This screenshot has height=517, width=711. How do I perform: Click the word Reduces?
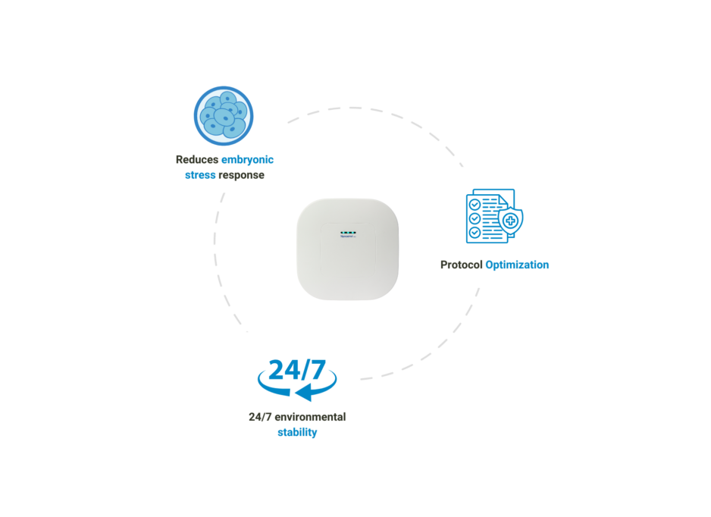[196, 160]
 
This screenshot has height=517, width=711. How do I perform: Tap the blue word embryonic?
[247, 160]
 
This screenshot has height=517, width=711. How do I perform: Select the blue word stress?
[200, 175]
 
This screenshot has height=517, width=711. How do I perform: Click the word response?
[242, 175]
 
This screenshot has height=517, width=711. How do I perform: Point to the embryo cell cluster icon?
[224, 117]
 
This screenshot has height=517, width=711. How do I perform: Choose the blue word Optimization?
[517, 265]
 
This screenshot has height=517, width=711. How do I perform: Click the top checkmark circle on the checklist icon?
[475, 205]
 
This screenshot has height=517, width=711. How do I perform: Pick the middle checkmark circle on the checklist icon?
[475, 218]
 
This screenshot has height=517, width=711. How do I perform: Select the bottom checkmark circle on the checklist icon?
[475, 233]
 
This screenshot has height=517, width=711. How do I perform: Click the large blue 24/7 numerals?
[297, 370]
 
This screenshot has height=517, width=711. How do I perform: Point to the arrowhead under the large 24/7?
[304, 393]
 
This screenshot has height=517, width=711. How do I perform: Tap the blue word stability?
[297, 432]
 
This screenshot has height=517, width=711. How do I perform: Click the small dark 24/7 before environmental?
[260, 417]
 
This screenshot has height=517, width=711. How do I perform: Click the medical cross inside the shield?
[510, 221]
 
